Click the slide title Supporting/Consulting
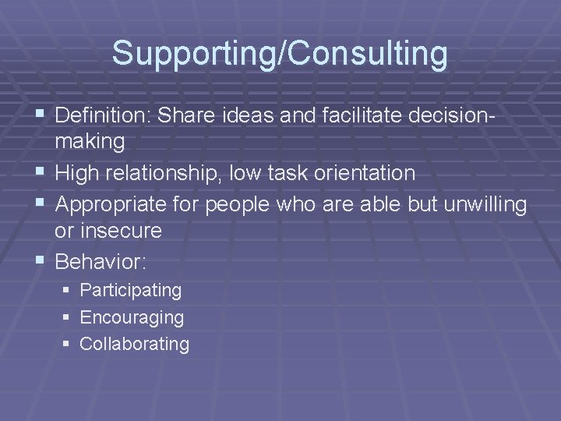coord(280,55)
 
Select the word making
coord(90,142)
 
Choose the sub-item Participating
coord(131,291)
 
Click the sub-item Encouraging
coord(132,317)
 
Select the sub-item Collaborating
coord(134,344)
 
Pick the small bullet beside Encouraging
coord(68,318)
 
